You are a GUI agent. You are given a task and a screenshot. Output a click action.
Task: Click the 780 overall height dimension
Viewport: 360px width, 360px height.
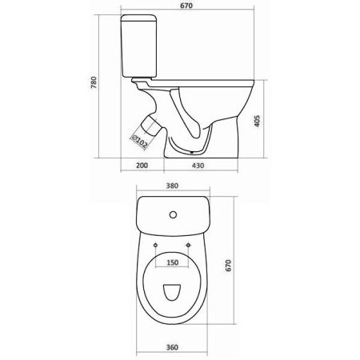pyautogui.click(x=94, y=82)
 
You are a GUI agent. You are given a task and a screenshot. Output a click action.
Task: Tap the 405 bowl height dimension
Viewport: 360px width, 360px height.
pyautogui.click(x=257, y=121)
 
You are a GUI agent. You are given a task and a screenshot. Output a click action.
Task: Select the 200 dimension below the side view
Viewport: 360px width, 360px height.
pyautogui.click(x=142, y=166)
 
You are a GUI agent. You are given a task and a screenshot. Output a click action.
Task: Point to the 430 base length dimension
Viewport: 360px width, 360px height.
pyautogui.click(x=198, y=166)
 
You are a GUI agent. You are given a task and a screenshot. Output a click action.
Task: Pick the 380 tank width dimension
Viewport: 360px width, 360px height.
pyautogui.click(x=172, y=186)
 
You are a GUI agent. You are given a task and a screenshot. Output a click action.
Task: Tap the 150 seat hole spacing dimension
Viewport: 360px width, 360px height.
pyautogui.click(x=173, y=262)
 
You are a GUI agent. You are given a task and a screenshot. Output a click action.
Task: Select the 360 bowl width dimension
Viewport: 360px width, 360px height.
pyautogui.click(x=172, y=347)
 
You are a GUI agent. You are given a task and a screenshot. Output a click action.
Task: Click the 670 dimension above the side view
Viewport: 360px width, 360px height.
pyautogui.click(x=186, y=6)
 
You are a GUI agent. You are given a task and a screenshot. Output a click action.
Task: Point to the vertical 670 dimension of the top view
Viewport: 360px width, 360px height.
pyautogui.click(x=229, y=266)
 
